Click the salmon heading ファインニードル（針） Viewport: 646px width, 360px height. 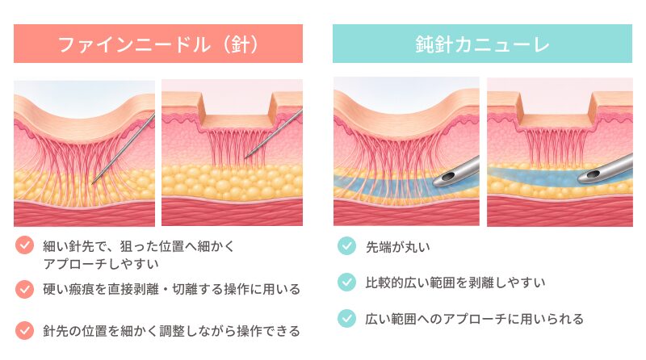tap(158, 44)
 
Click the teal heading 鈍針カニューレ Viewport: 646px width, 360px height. tap(482, 44)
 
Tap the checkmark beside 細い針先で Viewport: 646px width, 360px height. tap(25, 245)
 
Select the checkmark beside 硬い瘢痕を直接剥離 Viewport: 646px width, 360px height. tap(25, 289)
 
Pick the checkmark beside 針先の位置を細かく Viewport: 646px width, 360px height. tap(25, 330)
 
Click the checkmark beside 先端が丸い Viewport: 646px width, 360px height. tap(346, 246)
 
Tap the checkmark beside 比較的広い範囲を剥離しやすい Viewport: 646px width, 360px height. tap(346, 283)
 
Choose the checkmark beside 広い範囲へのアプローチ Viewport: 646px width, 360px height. tap(346, 318)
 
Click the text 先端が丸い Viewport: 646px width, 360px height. tap(398, 247)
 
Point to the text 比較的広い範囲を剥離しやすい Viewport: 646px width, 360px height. tap(455, 283)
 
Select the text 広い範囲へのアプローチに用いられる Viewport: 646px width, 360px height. tap(475, 319)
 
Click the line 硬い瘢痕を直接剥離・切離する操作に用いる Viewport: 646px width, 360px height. tap(172, 289)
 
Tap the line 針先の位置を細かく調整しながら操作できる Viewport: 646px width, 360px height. tap(172, 331)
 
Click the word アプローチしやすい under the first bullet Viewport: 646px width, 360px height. tap(102, 264)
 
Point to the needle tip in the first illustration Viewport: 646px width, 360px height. tap(93, 182)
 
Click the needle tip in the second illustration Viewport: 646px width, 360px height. tap(246, 157)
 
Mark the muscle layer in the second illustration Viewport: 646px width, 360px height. tap(232, 212)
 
